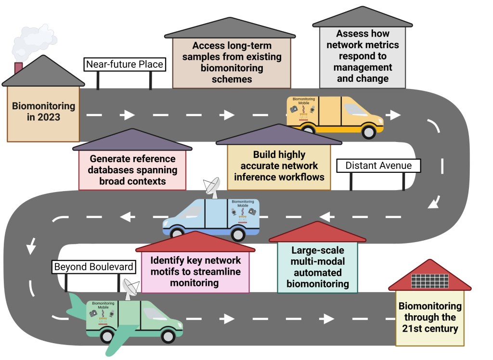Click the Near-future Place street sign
click(x=125, y=64)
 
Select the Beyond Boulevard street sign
click(x=93, y=267)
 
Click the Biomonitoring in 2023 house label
click(x=43, y=111)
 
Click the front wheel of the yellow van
click(x=368, y=131)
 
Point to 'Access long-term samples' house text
click(x=232, y=63)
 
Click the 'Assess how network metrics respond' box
click(x=363, y=56)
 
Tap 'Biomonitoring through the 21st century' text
click(x=430, y=318)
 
